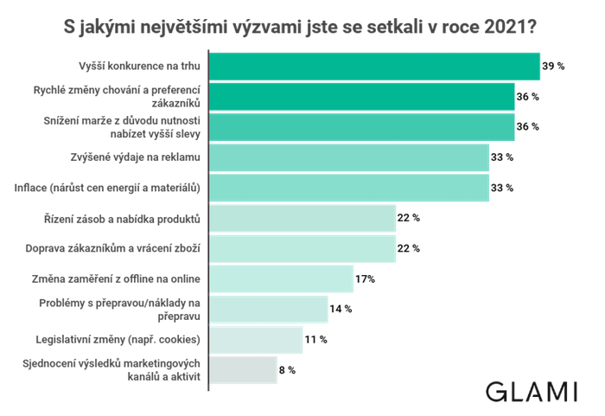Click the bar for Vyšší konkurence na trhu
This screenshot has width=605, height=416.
(x=375, y=67)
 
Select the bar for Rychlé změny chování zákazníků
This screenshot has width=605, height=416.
(x=362, y=97)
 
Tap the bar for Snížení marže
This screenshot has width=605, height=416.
(x=362, y=127)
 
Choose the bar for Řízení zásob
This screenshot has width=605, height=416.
(x=303, y=218)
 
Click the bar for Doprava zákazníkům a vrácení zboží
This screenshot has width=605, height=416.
(x=303, y=248)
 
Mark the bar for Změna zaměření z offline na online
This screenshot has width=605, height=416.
(x=282, y=278)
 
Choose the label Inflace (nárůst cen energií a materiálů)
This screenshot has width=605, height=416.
(x=120, y=188)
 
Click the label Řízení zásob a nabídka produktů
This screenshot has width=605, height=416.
(x=122, y=218)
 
